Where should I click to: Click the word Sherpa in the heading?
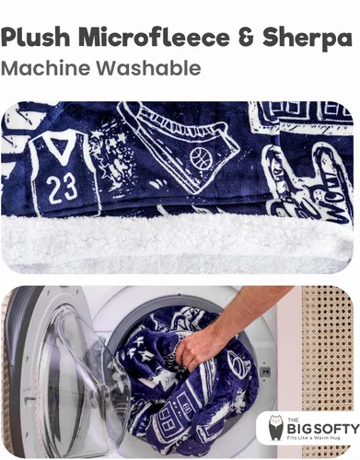[308, 39]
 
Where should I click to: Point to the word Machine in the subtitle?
[47, 68]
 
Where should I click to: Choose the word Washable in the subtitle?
[150, 68]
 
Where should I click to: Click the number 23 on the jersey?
[62, 188]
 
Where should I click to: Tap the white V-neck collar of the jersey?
[61, 148]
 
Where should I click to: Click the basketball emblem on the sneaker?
[201, 158]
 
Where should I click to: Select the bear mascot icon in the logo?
[275, 429]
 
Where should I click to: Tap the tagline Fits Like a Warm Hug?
[314, 438]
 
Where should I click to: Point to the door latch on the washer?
[264, 372]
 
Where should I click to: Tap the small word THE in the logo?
[292, 420]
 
